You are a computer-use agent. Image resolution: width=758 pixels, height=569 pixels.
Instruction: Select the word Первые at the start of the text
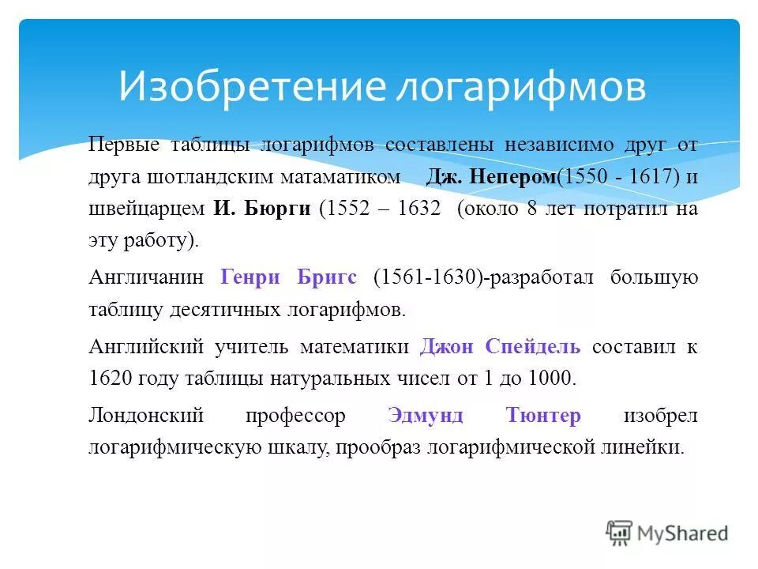coord(125,145)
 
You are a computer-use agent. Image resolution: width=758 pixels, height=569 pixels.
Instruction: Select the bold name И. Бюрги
coord(261,209)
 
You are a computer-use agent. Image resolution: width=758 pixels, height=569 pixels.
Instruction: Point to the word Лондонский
coord(147,416)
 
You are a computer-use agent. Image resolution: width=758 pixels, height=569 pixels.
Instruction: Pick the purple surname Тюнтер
coord(542,416)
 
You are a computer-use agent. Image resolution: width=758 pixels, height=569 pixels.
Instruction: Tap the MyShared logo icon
coord(619,533)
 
